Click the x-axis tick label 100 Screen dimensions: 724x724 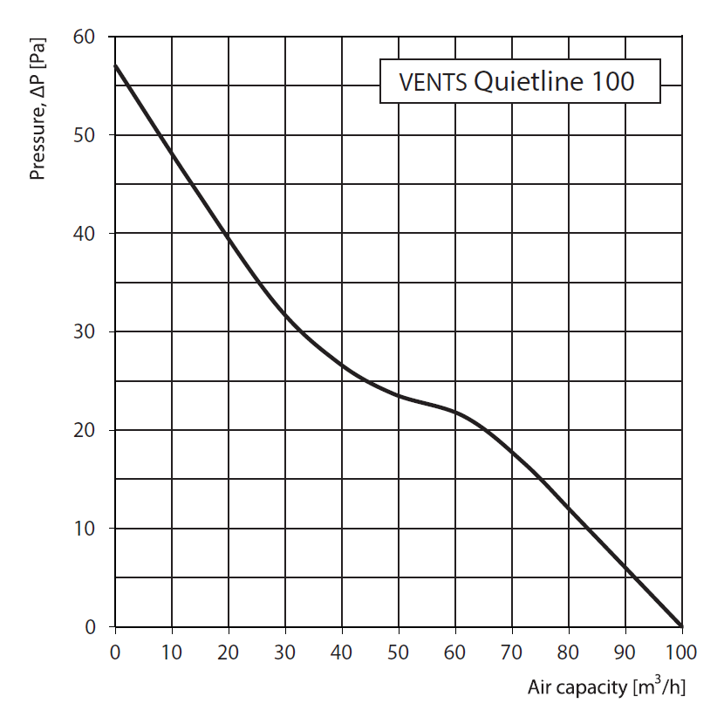pos(681,652)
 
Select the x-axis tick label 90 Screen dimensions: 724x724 pos(625,652)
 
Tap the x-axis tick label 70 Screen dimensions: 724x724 pos(511,652)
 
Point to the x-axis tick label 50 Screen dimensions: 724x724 pos(398,652)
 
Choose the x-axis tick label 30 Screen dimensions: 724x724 pos(284,652)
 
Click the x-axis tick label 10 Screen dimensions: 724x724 pos(172,652)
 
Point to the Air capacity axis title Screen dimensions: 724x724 pos(605,687)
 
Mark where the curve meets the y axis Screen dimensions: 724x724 pos(115,65)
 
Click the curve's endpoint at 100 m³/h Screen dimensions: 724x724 pos(681,626)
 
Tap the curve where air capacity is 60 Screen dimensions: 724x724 pos(454,412)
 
